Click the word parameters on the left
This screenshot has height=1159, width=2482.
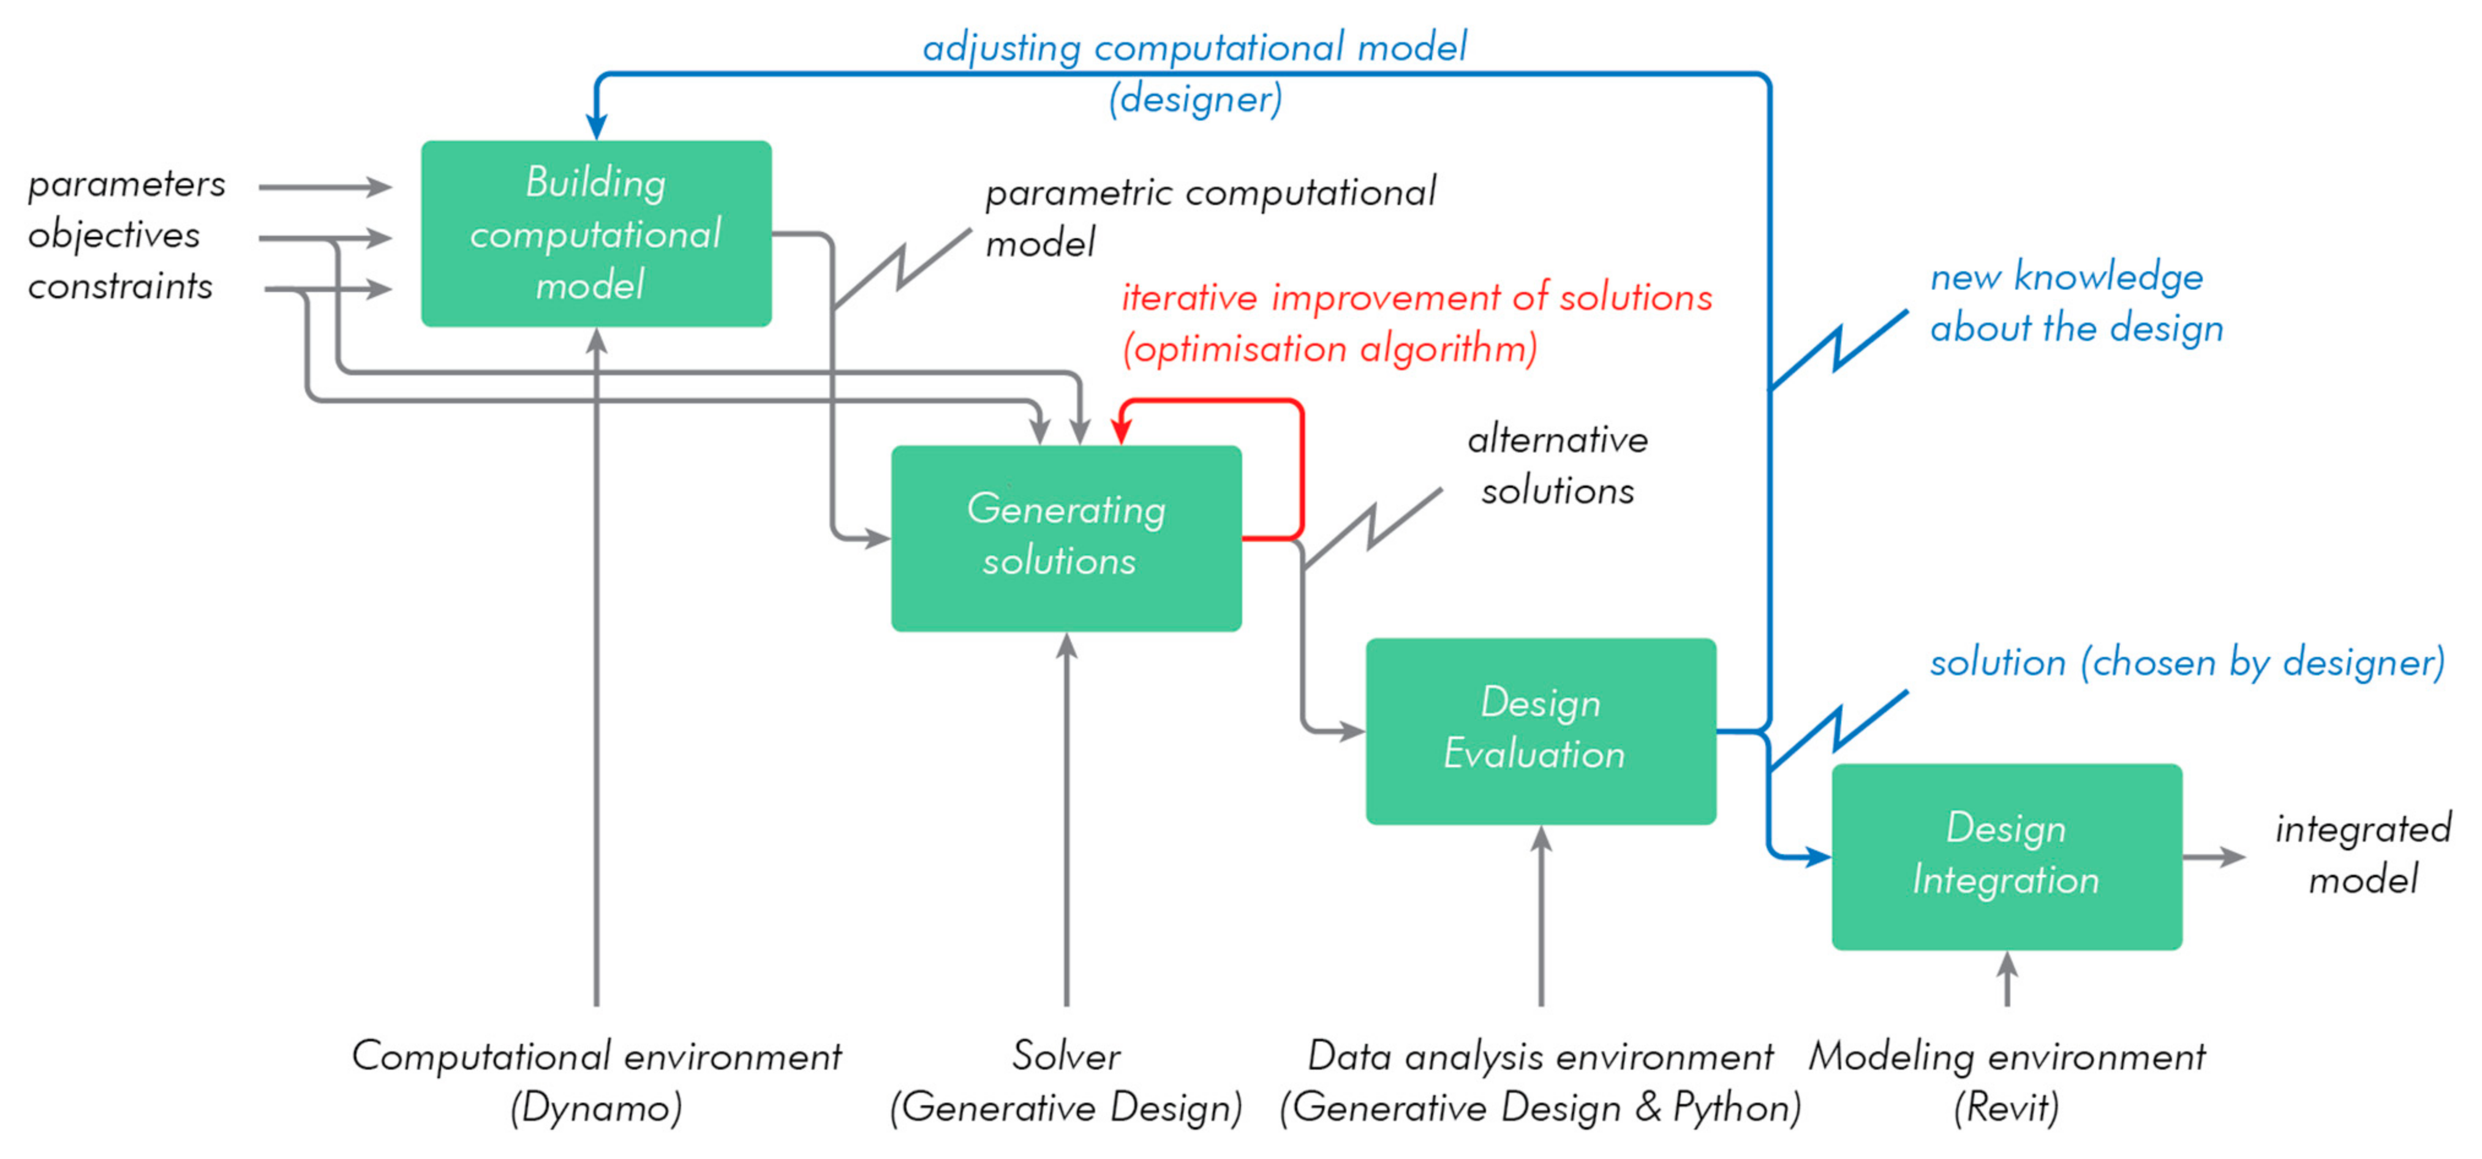click(x=126, y=184)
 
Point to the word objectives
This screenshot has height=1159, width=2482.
click(x=114, y=235)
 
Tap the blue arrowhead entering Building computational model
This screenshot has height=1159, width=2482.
click(x=597, y=126)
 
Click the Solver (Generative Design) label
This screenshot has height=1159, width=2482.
click(x=1066, y=1081)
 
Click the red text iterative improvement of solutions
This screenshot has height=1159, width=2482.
click(x=1416, y=298)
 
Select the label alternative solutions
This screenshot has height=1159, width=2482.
click(x=1557, y=465)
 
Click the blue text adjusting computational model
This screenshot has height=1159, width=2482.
click(x=1194, y=47)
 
